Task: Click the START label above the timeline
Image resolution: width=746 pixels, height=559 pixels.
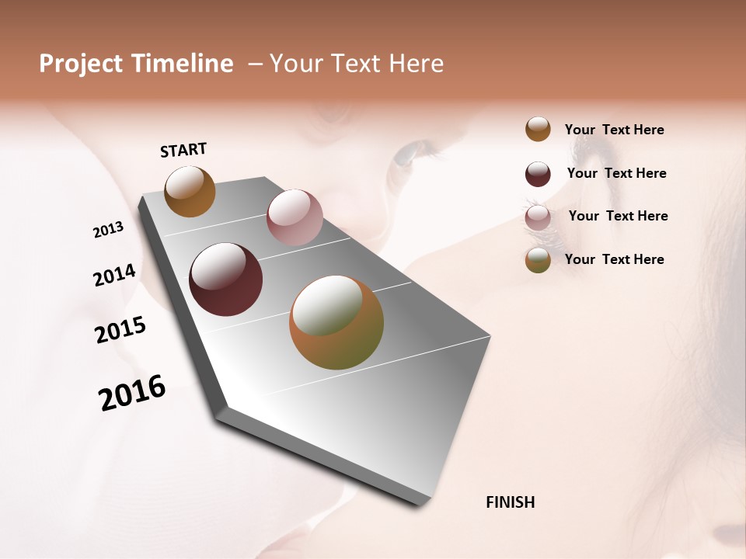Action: (x=183, y=150)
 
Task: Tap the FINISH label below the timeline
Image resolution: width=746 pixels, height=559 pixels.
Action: (x=510, y=502)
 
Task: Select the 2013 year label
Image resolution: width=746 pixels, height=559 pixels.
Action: (x=108, y=230)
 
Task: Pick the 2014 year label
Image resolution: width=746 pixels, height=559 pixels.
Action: (x=114, y=275)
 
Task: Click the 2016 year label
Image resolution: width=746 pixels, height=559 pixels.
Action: (x=132, y=392)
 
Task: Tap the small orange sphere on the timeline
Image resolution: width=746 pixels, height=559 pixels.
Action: (x=190, y=191)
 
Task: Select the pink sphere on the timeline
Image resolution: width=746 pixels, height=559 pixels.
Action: (x=295, y=217)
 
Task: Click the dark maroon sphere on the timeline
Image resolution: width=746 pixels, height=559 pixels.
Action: (x=225, y=279)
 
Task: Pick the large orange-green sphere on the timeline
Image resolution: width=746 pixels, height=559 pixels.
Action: (x=336, y=322)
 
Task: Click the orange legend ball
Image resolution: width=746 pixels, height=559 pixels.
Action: (x=538, y=129)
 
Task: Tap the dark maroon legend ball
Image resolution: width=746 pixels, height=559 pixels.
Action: (x=538, y=174)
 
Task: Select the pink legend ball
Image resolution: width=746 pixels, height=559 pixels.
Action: (x=538, y=217)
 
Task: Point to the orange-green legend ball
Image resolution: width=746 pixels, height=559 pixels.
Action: (x=538, y=260)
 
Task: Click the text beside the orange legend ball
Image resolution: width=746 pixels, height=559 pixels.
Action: (x=614, y=130)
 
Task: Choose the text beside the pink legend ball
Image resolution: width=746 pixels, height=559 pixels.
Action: (x=618, y=216)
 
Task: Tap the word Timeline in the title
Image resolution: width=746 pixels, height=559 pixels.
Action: (x=183, y=64)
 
